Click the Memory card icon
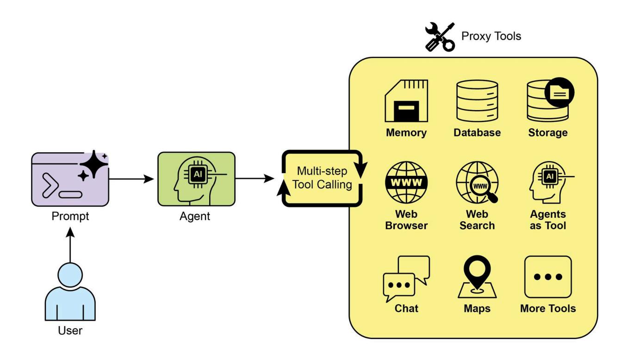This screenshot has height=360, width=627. point(406,101)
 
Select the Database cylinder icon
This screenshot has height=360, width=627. point(477,101)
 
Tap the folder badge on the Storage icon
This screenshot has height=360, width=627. point(560,92)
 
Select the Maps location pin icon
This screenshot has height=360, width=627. point(477,273)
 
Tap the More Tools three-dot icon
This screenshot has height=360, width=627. point(548,277)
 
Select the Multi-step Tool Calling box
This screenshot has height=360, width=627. point(322,178)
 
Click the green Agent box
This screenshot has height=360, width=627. point(196,179)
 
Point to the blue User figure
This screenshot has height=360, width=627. point(70,294)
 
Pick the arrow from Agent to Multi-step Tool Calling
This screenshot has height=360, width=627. point(255,179)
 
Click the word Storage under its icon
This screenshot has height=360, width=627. point(547,133)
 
